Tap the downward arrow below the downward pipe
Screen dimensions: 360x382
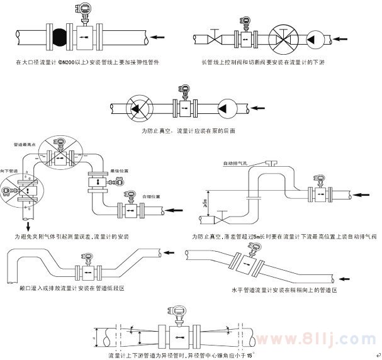point(27,225)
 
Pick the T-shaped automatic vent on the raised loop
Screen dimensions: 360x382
point(271,164)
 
